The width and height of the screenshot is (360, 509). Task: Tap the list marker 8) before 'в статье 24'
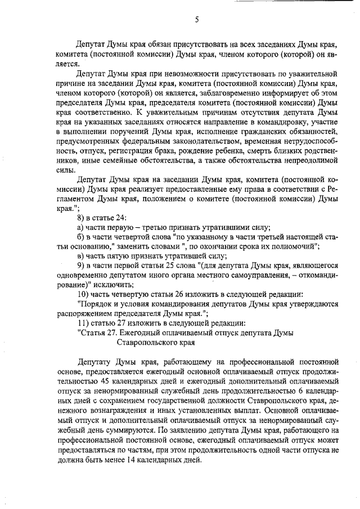pos(81,218)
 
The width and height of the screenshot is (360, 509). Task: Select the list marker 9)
pos(81,265)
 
